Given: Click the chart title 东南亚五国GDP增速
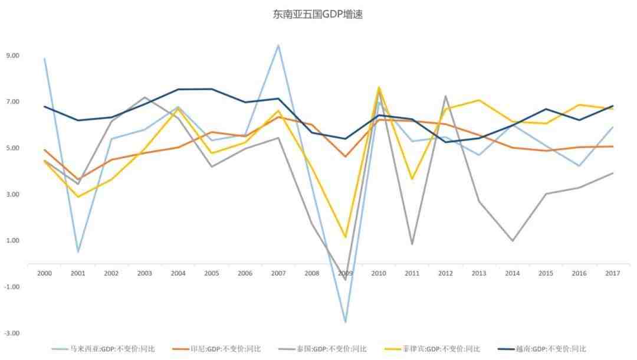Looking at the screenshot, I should pyautogui.click(x=317, y=14).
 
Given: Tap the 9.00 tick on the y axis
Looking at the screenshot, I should pyautogui.click(x=12, y=55).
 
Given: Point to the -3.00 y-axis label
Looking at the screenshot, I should pyautogui.click(x=12, y=333).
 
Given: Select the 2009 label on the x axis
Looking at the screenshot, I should pyautogui.click(x=345, y=273).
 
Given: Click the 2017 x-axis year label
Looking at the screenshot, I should pyautogui.click(x=613, y=273).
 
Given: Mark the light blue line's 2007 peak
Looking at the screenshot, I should pyautogui.click(x=278, y=45).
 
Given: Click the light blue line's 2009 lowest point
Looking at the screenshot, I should pyautogui.click(x=345, y=322).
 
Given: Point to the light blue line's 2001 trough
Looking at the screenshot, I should pyautogui.click(x=78, y=252).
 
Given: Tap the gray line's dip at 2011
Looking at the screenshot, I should pyautogui.click(x=412, y=244).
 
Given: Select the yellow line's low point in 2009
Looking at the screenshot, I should pyautogui.click(x=345, y=237).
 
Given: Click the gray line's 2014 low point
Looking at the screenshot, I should pyautogui.click(x=512, y=241).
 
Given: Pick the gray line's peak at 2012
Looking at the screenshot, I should pyautogui.click(x=445, y=96).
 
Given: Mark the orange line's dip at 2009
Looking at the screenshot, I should pyautogui.click(x=345, y=156).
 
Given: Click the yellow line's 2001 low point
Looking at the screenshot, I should pyautogui.click(x=78, y=197).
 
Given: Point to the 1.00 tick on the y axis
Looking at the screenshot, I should pyautogui.click(x=12, y=240).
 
